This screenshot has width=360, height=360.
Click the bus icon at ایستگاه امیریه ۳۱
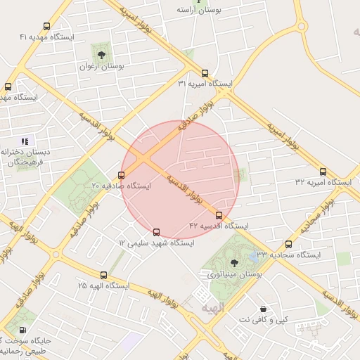tap(205, 73)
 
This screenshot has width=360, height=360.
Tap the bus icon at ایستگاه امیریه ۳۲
tap(323, 172)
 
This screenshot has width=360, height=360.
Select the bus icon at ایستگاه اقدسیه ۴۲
tap(219, 215)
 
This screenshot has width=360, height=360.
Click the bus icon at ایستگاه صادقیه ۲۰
tap(122, 175)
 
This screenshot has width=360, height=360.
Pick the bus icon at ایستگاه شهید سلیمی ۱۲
tap(156, 231)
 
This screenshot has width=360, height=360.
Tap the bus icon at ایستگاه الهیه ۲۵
tap(104, 276)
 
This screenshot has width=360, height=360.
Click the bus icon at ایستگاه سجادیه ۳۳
tap(289, 244)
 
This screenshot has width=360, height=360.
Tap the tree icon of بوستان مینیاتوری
tap(234, 262)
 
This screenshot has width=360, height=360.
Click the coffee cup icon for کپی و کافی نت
tap(264, 309)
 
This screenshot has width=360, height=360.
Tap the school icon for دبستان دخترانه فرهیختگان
tap(25, 141)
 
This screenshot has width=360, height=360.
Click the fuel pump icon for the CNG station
tap(22, 330)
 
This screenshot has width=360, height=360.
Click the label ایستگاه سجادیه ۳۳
tap(288, 255)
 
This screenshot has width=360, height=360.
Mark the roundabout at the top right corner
tap(302, 27)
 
